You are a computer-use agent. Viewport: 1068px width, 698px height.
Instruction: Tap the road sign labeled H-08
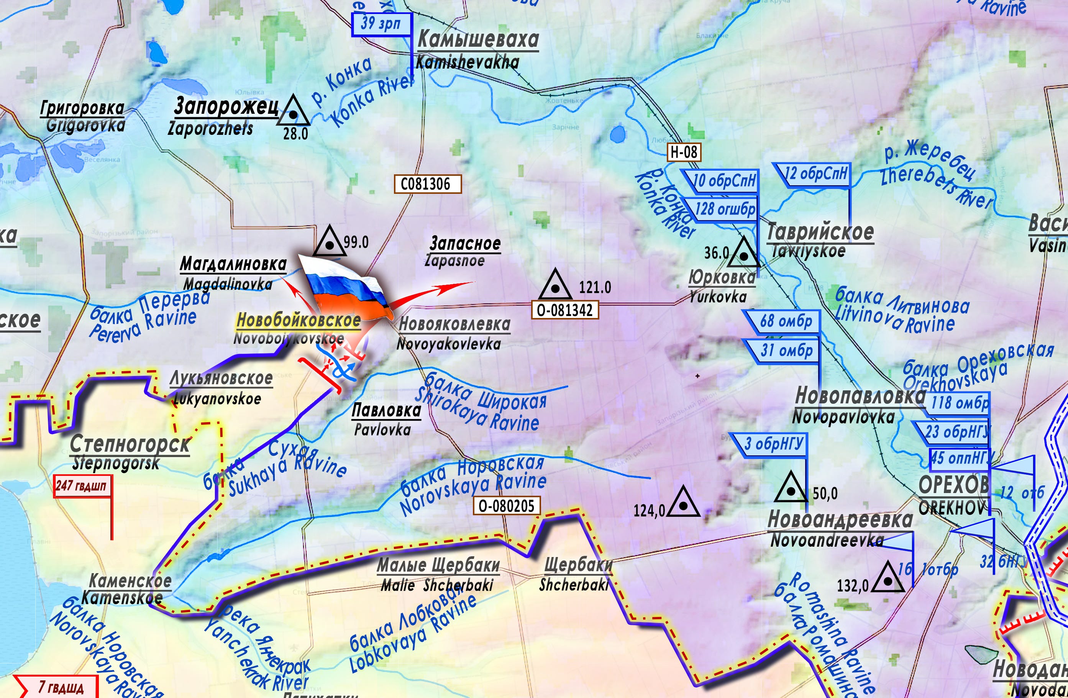(x=683, y=152)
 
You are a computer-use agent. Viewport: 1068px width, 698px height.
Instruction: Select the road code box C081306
(x=427, y=184)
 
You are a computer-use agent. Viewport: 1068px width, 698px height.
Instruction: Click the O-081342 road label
(x=564, y=310)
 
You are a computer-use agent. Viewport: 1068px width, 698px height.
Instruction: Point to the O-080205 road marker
(x=506, y=506)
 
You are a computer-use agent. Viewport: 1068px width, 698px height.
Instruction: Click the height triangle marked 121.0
(x=555, y=286)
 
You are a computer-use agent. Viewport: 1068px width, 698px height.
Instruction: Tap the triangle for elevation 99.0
(x=330, y=242)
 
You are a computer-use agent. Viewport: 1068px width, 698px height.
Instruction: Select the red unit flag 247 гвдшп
(x=82, y=486)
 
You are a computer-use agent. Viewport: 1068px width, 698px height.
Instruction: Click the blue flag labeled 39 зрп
(x=381, y=24)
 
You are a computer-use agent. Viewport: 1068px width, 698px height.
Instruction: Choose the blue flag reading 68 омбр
(x=785, y=321)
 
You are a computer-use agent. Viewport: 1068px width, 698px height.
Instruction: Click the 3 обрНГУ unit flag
(x=773, y=444)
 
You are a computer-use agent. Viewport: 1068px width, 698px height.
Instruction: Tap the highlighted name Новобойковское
(x=299, y=320)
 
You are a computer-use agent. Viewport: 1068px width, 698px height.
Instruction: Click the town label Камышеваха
(x=478, y=39)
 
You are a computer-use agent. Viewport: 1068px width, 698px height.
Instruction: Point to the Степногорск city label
(x=130, y=444)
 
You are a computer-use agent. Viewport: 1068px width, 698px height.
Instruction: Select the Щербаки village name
(x=578, y=565)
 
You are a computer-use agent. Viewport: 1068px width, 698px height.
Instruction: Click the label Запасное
(x=465, y=243)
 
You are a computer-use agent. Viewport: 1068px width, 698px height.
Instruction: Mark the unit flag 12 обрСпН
(x=814, y=174)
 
